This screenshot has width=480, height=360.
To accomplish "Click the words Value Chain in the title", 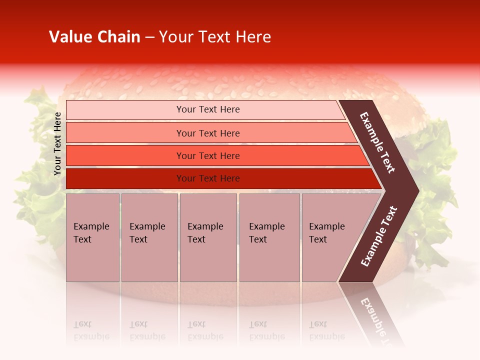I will (x=94, y=37).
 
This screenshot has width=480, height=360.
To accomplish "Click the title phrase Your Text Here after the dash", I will (x=215, y=37).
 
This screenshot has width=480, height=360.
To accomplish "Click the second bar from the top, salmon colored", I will (x=208, y=133).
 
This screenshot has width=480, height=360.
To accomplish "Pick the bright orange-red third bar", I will (x=208, y=155).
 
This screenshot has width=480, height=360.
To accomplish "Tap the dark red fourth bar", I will (x=208, y=178).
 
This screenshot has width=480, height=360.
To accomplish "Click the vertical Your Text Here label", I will (x=57, y=143).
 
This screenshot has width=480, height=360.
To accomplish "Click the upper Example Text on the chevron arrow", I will (x=377, y=142).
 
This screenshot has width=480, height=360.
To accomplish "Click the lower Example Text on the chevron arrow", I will (x=379, y=236).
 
